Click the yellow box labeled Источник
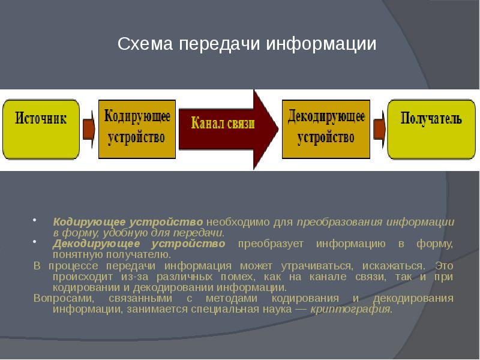click(x=41, y=129)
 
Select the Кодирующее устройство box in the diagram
click(x=137, y=129)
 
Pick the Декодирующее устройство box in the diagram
click(x=326, y=129)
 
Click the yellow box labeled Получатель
click(x=431, y=129)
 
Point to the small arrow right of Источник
click(x=89, y=128)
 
